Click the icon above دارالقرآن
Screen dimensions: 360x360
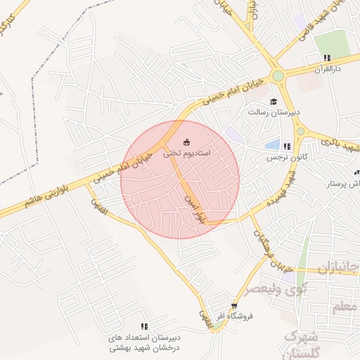(x=327, y=58)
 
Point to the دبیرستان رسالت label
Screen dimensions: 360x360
(x=274, y=112)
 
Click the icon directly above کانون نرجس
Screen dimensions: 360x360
(x=286, y=146)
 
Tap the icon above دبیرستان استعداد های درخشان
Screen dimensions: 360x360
(x=144, y=326)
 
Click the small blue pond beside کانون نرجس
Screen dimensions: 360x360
(x=272, y=146)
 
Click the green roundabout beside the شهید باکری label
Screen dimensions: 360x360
(x=300, y=131)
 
